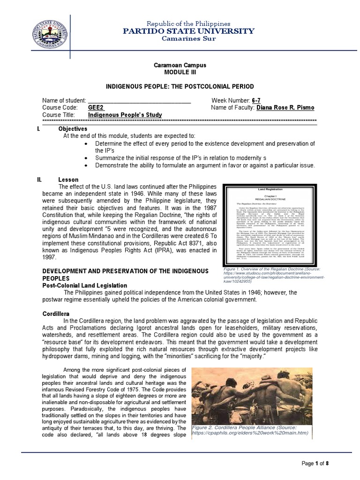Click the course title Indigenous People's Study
pyautogui.click(x=125, y=115)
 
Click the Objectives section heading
pyautogui.click(x=73, y=129)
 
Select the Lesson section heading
pyautogui.click(x=68, y=180)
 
